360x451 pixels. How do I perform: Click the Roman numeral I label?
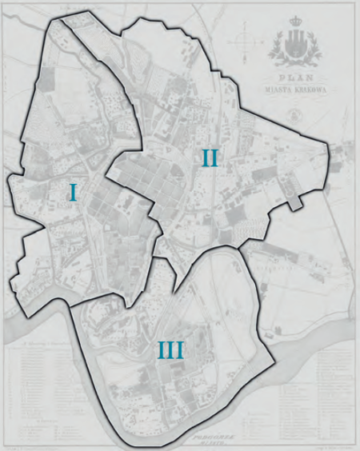[x=73, y=192]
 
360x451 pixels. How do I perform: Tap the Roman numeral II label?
[x=209, y=158]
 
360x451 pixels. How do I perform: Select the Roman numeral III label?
[x=170, y=349]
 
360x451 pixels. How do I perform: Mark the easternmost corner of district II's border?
[x=329, y=146]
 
